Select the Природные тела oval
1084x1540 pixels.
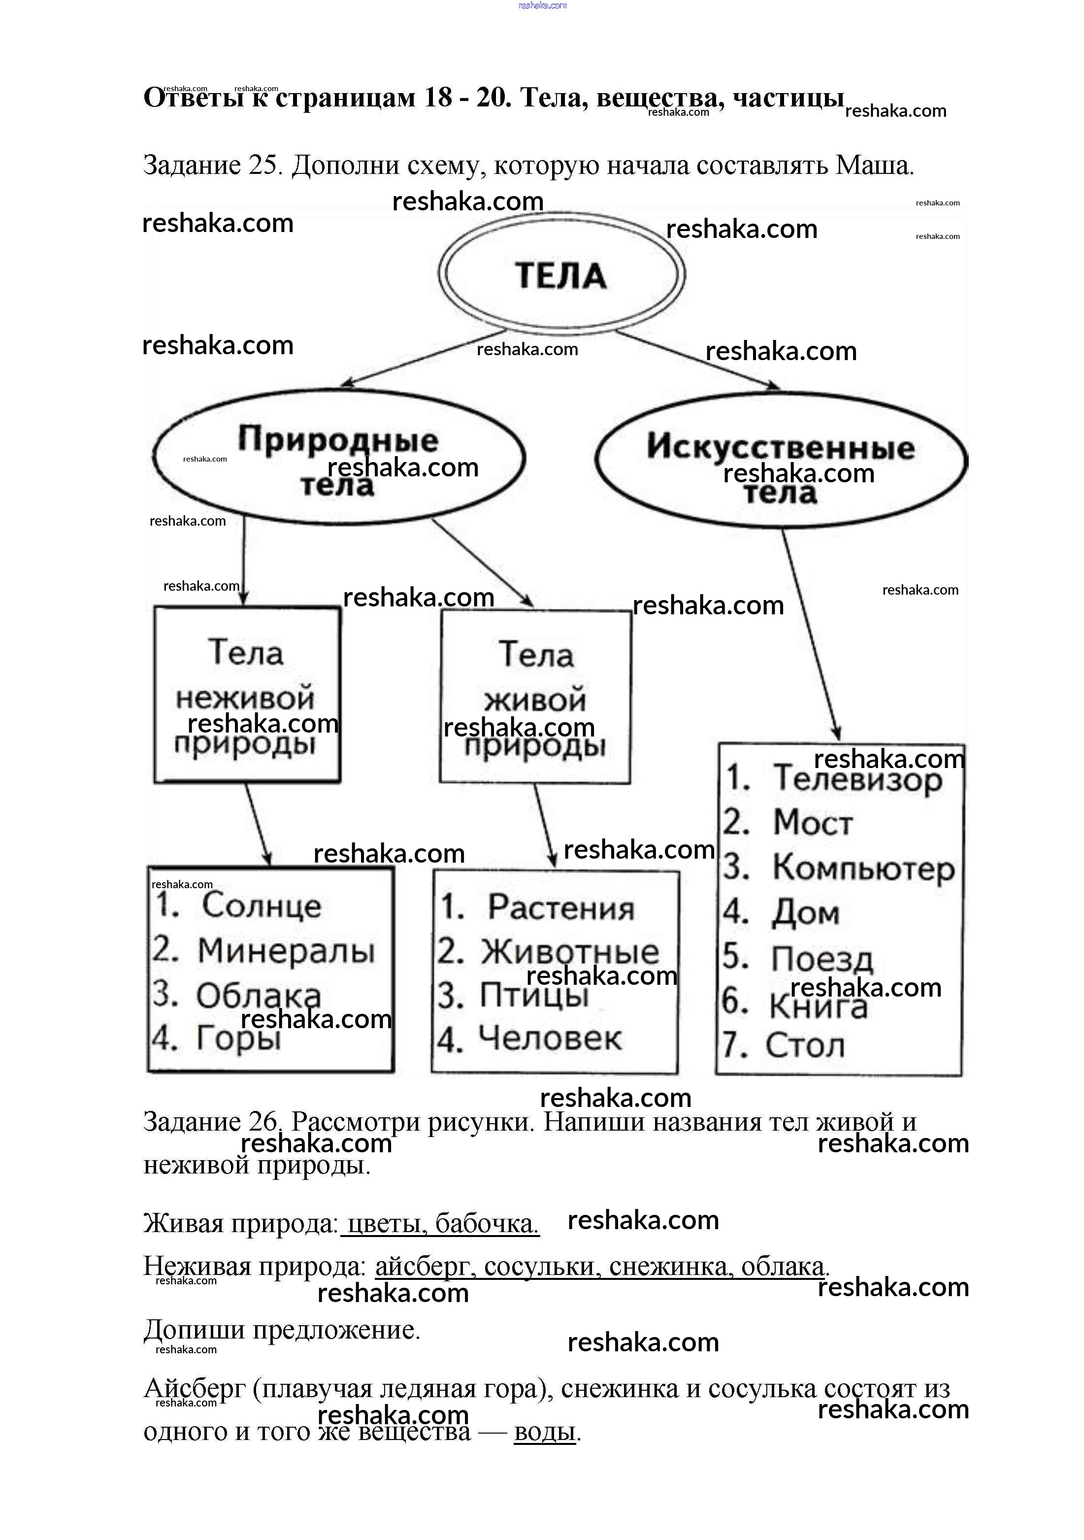[x=338, y=458]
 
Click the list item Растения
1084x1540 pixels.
[x=560, y=907]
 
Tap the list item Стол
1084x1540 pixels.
[x=804, y=1045]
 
